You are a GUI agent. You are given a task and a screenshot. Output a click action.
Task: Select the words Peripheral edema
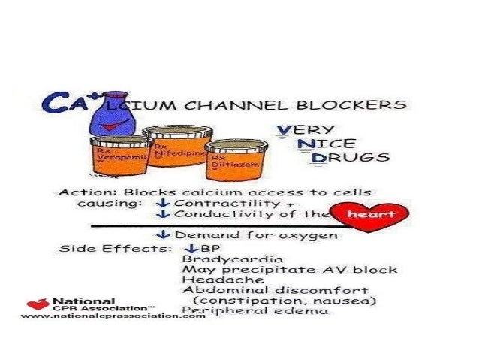point(255,310)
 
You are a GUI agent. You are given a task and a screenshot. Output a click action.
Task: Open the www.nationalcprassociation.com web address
point(113,316)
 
